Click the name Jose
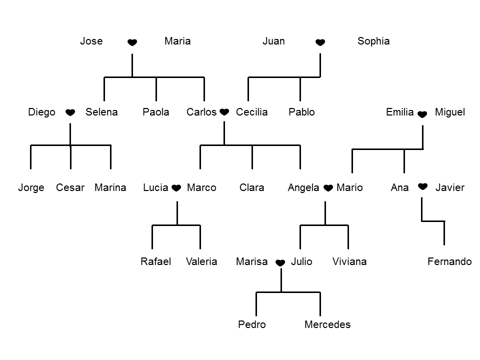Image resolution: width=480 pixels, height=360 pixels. click(91, 41)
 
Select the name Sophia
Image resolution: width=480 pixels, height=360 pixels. click(373, 41)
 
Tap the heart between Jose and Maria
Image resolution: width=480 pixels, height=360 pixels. click(132, 43)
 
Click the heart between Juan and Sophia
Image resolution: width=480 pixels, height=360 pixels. click(320, 43)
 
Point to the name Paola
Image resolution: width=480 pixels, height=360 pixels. click(155, 112)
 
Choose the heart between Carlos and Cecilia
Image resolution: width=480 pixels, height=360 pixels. click(224, 112)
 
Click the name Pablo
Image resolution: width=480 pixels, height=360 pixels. click(301, 112)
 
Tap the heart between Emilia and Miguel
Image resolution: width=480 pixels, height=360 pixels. click(422, 114)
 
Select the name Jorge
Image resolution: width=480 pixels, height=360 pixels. click(31, 188)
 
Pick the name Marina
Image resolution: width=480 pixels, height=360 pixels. click(110, 188)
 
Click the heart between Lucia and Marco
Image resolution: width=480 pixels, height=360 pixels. click(176, 188)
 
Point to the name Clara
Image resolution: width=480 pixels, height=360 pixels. click(251, 188)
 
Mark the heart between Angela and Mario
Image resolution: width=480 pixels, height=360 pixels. click(328, 188)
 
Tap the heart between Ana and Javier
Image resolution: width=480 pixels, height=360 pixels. click(422, 186)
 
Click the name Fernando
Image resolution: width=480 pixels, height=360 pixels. click(449, 261)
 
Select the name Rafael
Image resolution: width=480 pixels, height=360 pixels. click(155, 261)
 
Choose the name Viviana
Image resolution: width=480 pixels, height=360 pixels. click(349, 261)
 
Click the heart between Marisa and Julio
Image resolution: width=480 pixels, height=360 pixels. click(280, 263)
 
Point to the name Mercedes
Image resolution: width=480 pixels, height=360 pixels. click(327, 325)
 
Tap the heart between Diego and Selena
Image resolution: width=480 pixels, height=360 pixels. click(70, 112)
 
